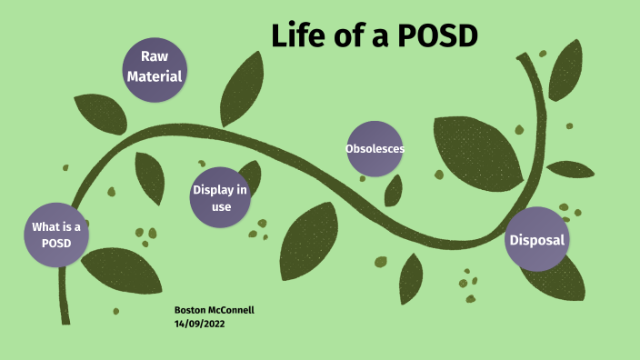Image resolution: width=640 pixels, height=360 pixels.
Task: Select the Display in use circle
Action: tap(219, 197)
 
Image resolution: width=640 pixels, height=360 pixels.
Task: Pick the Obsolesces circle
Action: tap(375, 148)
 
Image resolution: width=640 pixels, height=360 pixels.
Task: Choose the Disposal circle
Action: tap(536, 240)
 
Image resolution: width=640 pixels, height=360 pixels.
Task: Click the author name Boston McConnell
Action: tap(214, 310)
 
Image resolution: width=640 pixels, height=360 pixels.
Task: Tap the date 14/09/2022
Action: tap(199, 323)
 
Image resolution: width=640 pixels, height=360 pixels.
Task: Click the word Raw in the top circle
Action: tap(155, 56)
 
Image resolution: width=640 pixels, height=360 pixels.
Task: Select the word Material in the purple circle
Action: tap(155, 76)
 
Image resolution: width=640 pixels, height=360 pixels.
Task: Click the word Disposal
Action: tap(536, 240)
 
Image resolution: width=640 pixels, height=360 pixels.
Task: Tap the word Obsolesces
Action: tap(375, 148)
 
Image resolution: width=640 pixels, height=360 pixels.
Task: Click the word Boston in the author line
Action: tap(189, 310)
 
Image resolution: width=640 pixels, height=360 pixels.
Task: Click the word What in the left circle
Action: tap(48, 226)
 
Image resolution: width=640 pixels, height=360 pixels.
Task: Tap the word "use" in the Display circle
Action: tap(220, 206)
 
